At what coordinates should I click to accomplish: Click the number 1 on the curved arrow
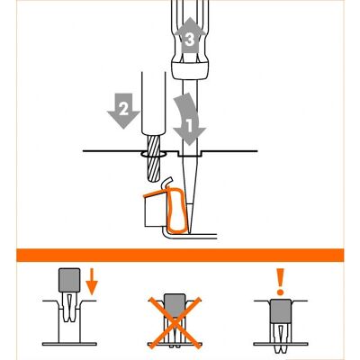pos(189,126)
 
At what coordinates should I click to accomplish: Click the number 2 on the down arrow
pos(124,109)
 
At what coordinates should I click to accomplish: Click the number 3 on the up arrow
pos(190,40)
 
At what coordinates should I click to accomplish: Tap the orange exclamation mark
pos(281,282)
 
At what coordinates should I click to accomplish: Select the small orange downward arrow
pos(92,282)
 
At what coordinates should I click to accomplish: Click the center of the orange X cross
pos(175,323)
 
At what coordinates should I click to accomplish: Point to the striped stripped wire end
pos(153,158)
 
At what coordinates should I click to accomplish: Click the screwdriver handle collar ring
pos(190,69)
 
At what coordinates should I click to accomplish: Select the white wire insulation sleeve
pos(153,103)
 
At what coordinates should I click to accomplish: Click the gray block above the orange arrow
pos(69,280)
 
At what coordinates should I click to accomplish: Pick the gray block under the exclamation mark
pos(281,311)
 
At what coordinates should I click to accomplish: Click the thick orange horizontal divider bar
pos(180,255)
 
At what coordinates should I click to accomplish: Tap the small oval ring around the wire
pos(153,155)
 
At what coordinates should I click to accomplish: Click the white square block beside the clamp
pos(156,211)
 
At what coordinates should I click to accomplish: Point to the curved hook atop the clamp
pos(166,183)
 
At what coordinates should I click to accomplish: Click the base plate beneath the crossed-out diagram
pos(175,344)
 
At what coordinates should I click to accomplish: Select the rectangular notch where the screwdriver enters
pos(190,153)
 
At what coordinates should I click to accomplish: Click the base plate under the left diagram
pos(69,344)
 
